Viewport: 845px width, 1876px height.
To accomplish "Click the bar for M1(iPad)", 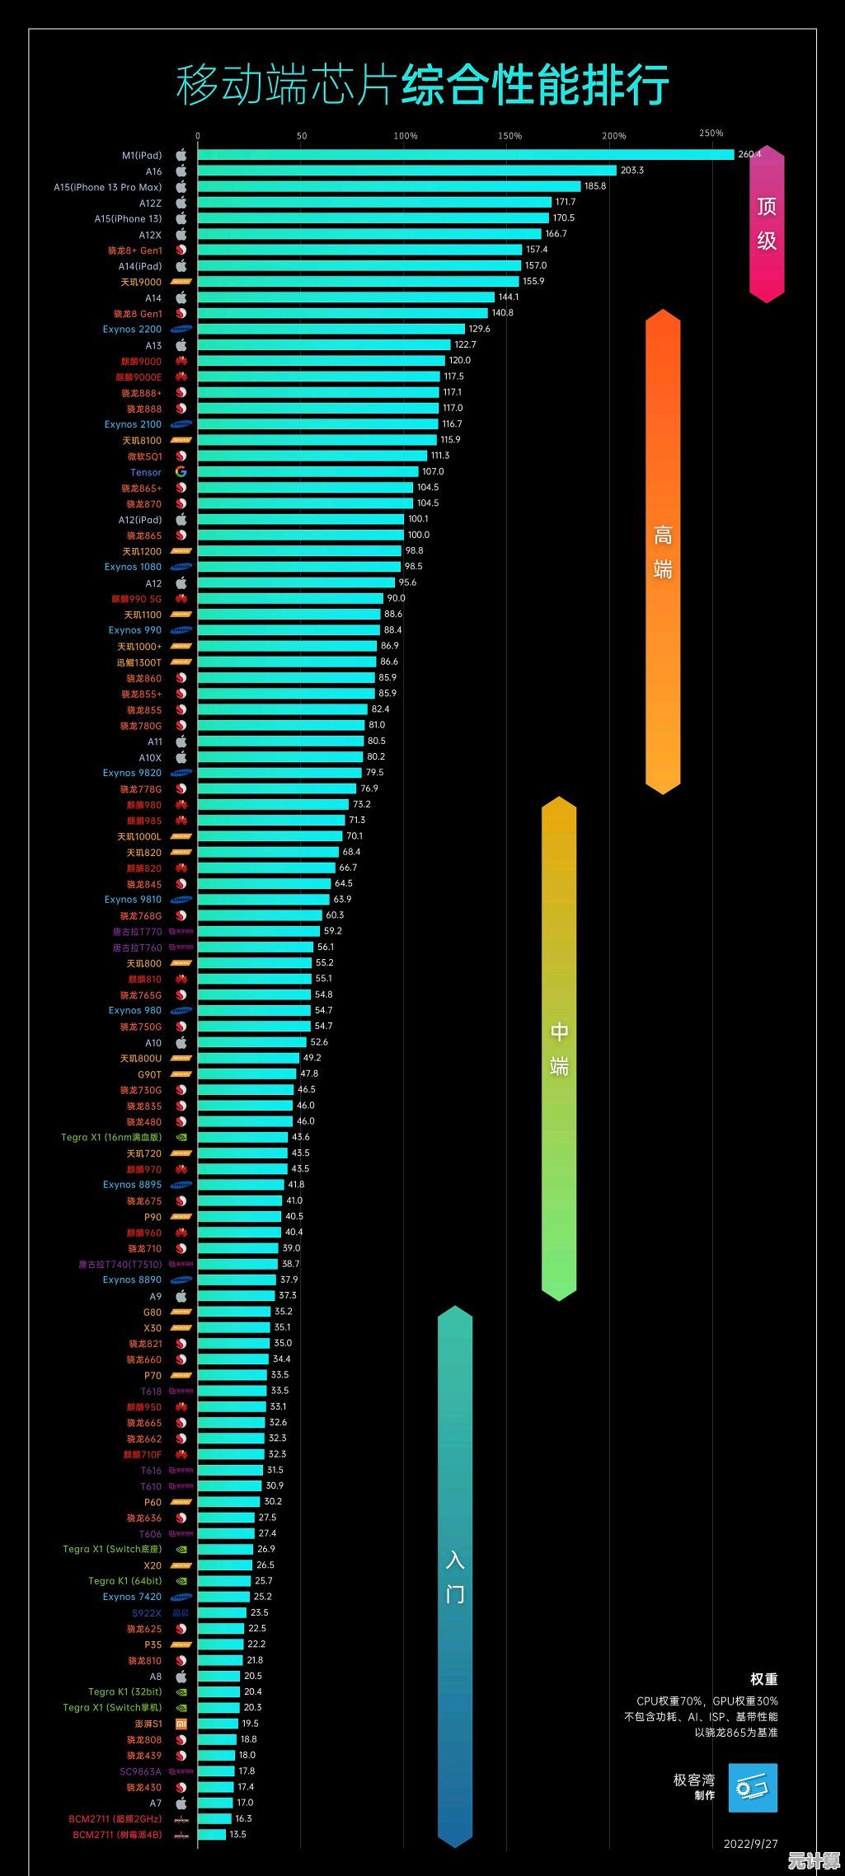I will [465, 155].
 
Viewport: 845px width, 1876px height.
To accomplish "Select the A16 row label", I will [153, 171].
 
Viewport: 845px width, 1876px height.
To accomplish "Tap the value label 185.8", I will [595, 186].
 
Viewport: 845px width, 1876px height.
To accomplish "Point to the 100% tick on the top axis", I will [406, 136].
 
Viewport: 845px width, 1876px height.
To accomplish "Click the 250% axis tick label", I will [711, 133].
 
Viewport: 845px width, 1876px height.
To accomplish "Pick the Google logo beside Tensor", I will [181, 472].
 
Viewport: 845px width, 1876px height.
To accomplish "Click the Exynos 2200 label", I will [132, 330].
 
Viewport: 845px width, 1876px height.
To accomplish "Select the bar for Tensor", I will [307, 472].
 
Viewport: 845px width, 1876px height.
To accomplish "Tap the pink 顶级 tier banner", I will [767, 223].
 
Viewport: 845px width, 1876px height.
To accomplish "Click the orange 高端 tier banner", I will [663, 552].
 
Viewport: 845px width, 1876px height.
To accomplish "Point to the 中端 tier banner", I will [559, 1048].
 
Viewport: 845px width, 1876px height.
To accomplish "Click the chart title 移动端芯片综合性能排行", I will [422, 85].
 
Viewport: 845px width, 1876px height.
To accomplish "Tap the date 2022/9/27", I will [750, 1844].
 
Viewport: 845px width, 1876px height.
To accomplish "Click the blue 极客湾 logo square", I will [753, 1788].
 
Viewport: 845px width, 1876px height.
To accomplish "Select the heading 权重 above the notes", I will [763, 1679].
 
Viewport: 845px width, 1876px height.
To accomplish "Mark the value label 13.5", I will [237, 1835].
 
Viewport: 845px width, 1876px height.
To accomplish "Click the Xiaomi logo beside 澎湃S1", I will [181, 1724].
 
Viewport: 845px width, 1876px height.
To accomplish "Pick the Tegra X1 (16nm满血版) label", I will [111, 1138].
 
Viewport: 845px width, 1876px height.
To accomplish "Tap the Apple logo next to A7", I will [181, 1803].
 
